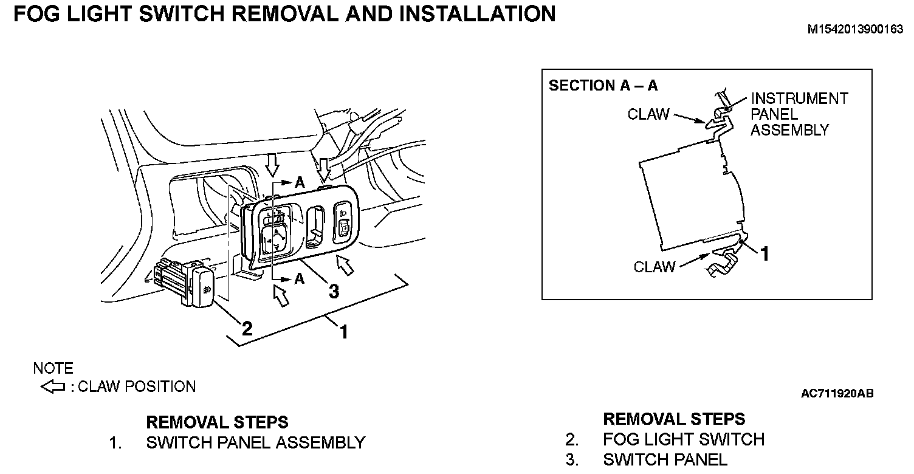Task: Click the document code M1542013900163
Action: pos(855,29)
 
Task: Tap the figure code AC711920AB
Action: pos(837,394)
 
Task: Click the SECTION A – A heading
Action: pos(603,86)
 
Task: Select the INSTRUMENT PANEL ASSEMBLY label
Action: pos(799,114)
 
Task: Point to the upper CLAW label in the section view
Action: pos(648,114)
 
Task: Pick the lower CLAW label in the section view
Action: pos(654,267)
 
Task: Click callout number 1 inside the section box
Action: pos(765,254)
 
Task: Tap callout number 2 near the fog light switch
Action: pos(247,329)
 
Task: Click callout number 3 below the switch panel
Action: pos(333,292)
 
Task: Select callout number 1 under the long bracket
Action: pos(343,332)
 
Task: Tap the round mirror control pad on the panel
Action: pos(275,239)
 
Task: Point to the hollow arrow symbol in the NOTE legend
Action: pos(52,386)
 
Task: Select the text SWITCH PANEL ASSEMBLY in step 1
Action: pos(255,442)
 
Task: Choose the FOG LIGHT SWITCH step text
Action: pos(684,439)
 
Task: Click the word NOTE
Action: pos(53,368)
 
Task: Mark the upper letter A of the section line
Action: pos(299,181)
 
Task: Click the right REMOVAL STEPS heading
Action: pos(673,419)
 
